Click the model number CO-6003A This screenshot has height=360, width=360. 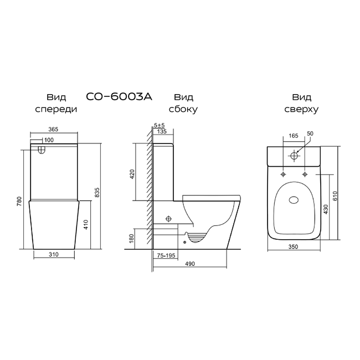click(x=119, y=97)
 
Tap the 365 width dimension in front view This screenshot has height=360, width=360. click(x=53, y=129)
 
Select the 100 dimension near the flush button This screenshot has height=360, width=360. click(x=49, y=140)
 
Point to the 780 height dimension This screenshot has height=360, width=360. click(x=19, y=201)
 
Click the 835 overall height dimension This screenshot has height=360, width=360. click(x=97, y=192)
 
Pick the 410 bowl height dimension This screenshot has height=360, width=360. click(x=86, y=225)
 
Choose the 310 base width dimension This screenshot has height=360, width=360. click(x=54, y=254)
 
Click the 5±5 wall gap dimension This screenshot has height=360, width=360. click(x=160, y=125)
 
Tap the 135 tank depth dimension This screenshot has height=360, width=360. click(x=162, y=131)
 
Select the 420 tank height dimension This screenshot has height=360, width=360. click(x=132, y=174)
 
